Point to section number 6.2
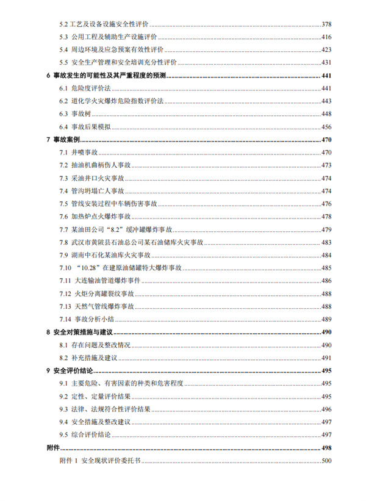(x=63, y=101)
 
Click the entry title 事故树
(x=81, y=114)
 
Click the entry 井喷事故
(x=84, y=153)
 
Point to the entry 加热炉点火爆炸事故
(x=101, y=217)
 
